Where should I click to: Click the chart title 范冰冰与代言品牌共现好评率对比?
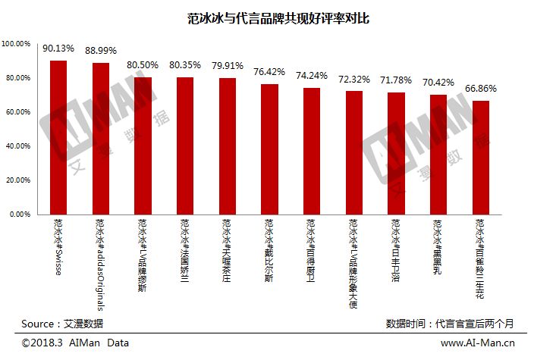point(278,18)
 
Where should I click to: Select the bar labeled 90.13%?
point(58,137)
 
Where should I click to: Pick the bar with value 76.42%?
point(269,149)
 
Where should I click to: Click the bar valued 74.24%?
point(312,151)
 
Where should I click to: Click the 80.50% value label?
point(143,64)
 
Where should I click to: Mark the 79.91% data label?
point(228,65)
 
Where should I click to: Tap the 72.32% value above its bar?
point(354,78)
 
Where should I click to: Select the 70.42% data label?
point(438,82)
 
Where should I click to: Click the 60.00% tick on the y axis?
point(17,112)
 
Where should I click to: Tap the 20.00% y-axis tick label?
point(17,180)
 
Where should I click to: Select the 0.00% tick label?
point(18,214)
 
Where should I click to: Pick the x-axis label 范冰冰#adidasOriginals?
point(101,265)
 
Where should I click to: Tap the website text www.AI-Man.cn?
point(478,344)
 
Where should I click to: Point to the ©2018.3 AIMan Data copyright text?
point(75,343)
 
